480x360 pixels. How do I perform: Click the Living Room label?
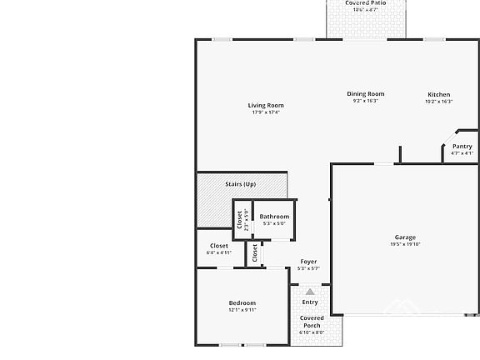pos(266,106)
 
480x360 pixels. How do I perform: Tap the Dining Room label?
pos(365,94)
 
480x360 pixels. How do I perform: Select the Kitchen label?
pos(439,95)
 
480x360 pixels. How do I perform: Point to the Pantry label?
pos(462,147)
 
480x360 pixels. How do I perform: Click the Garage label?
pos(405,237)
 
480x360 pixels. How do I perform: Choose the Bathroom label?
pos(274,217)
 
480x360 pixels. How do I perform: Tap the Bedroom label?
pos(242,303)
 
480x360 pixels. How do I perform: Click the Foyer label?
pos(308,262)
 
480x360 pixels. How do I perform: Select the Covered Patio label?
pos(365,3)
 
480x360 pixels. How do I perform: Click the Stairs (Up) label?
pos(240,184)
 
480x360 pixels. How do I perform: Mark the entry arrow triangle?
pos(310,292)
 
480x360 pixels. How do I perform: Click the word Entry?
pos(310,302)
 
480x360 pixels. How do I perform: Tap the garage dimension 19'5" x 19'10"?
pos(405,244)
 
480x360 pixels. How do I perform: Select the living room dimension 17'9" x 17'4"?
pos(266,112)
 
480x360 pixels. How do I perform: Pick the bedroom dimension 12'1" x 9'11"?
pos(242,310)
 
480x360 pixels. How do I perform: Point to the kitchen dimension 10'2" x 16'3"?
pos(439,102)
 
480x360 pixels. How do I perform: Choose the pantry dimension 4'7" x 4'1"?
pos(462,153)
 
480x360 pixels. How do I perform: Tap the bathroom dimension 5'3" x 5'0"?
pos(274,223)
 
